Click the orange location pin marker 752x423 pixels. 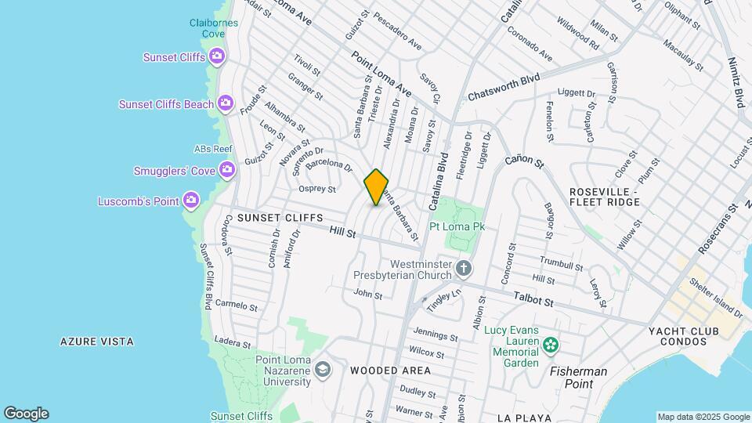click(376, 186)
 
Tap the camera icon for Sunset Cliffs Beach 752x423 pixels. click(226, 103)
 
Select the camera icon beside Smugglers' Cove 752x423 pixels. click(227, 168)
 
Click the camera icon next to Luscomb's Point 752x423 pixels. click(191, 201)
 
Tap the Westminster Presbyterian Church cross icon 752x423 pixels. click(464, 269)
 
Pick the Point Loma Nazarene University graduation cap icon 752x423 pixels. click(322, 369)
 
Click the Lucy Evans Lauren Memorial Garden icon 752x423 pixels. click(551, 343)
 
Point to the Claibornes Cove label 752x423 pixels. click(208, 28)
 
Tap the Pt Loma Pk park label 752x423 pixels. click(458, 226)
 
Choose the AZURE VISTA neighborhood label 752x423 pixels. click(97, 342)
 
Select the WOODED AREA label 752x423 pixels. click(390, 370)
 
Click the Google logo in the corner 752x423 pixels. click(26, 414)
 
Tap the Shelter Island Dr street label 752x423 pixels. click(715, 298)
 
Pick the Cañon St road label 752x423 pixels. click(524, 162)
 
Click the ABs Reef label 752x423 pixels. click(213, 149)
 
